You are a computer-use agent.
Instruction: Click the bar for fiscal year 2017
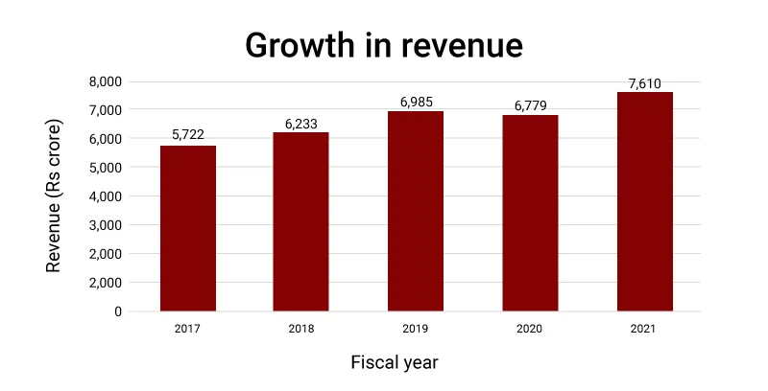[x=188, y=228]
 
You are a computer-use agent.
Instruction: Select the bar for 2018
[x=301, y=221]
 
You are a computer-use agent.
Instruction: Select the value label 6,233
[x=301, y=122]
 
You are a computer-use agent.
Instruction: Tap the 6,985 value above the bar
[x=416, y=101]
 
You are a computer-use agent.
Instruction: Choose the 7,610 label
[x=644, y=83]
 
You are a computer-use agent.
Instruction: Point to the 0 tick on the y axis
[x=118, y=311]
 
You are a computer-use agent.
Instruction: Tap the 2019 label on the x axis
[x=416, y=330]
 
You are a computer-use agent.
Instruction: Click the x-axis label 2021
[x=644, y=330]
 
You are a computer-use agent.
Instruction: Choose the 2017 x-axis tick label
[x=188, y=330]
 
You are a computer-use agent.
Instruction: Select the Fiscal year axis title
[x=395, y=363]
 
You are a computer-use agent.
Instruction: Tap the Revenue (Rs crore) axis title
[x=54, y=195]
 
